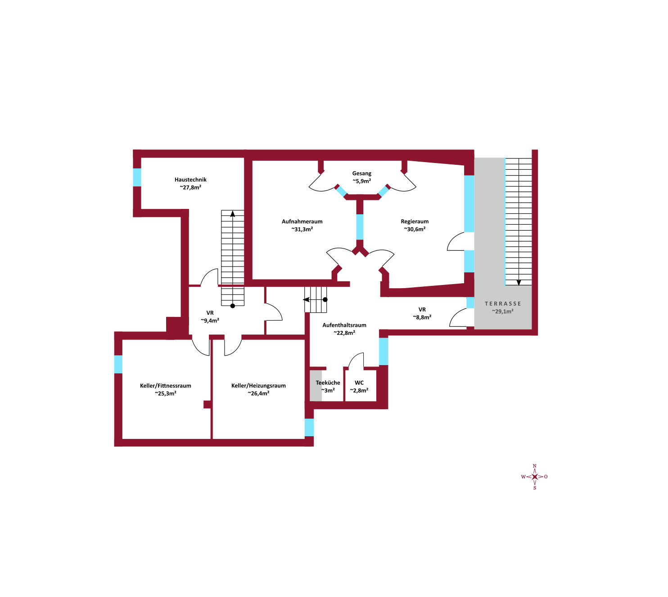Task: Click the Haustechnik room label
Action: pos(190,180)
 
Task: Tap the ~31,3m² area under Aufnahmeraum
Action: pos(302,229)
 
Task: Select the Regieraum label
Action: pos(415,222)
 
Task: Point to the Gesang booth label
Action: pos(361,173)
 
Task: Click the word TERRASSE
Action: pos(502,303)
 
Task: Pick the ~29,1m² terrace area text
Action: pos(502,312)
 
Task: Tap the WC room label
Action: pos(359,383)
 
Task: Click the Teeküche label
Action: pos(327,383)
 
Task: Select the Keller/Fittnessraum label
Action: pos(165,385)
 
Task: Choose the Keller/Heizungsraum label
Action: pos(258,385)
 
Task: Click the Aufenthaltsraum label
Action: pos(344,325)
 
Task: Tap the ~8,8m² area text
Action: pos(422,317)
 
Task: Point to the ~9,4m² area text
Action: pos(210,320)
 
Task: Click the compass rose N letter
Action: pos(534,466)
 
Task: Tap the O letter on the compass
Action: pos(546,477)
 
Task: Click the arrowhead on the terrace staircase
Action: pos(519,282)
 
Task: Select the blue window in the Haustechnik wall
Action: pos(137,177)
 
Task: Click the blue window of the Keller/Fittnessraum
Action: pos(118,364)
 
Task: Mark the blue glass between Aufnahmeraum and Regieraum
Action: pos(359,227)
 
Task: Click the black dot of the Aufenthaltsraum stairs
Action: pos(325,299)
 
